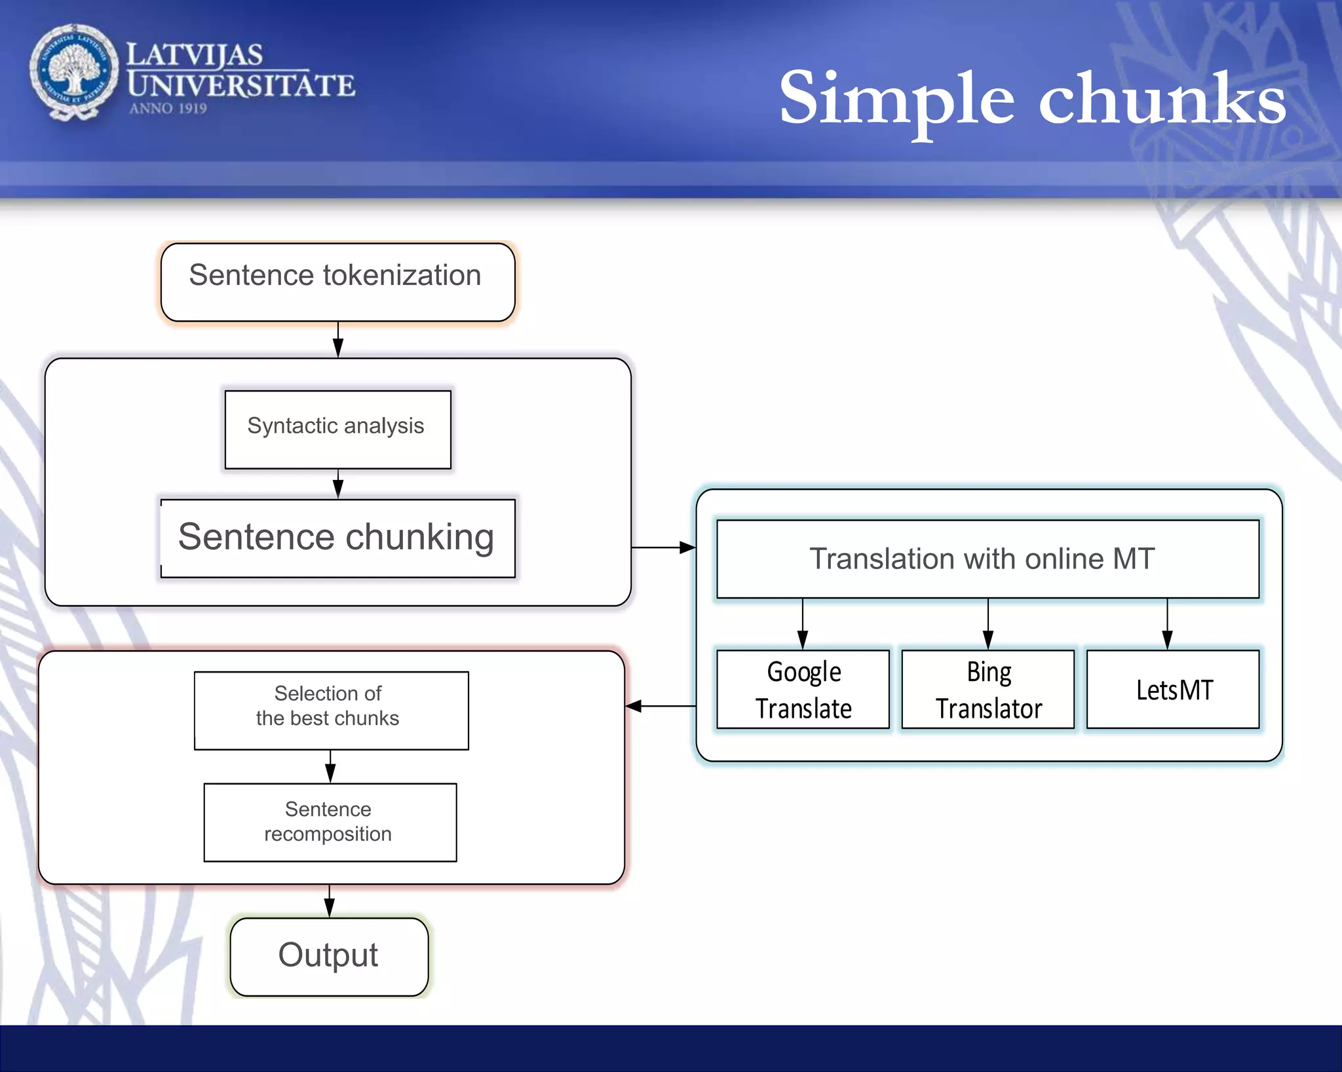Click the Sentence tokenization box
[337, 282]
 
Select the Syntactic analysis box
[337, 429]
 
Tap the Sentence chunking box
[337, 538]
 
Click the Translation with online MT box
[987, 559]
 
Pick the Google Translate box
[803, 689]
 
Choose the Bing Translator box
[988, 689]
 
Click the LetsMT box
[1173, 689]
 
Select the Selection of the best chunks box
[331, 710]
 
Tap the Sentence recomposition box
[330, 822]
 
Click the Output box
[329, 956]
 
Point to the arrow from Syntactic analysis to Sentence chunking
[338, 485]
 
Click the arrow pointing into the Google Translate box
[803, 625]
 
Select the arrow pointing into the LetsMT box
[1167, 625]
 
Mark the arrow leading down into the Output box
[330, 902]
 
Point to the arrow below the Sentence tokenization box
[338, 340]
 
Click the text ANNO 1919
[168, 109]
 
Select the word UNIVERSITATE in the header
[241, 86]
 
